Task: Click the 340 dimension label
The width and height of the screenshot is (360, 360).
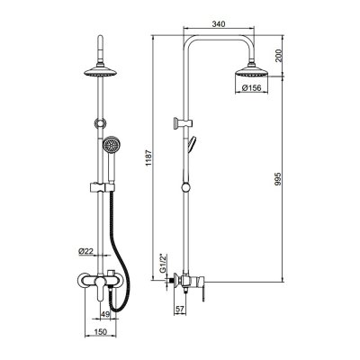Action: [219, 24]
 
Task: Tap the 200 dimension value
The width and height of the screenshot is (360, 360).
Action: [279, 56]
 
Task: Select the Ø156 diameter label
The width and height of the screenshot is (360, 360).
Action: [251, 88]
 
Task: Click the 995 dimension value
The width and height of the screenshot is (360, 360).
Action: [278, 179]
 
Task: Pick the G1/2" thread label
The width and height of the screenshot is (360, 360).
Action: [163, 264]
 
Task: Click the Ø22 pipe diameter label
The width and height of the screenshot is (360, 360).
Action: [86, 251]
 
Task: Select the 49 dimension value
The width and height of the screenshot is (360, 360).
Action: [105, 314]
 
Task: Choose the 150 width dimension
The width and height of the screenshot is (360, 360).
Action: [101, 332]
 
